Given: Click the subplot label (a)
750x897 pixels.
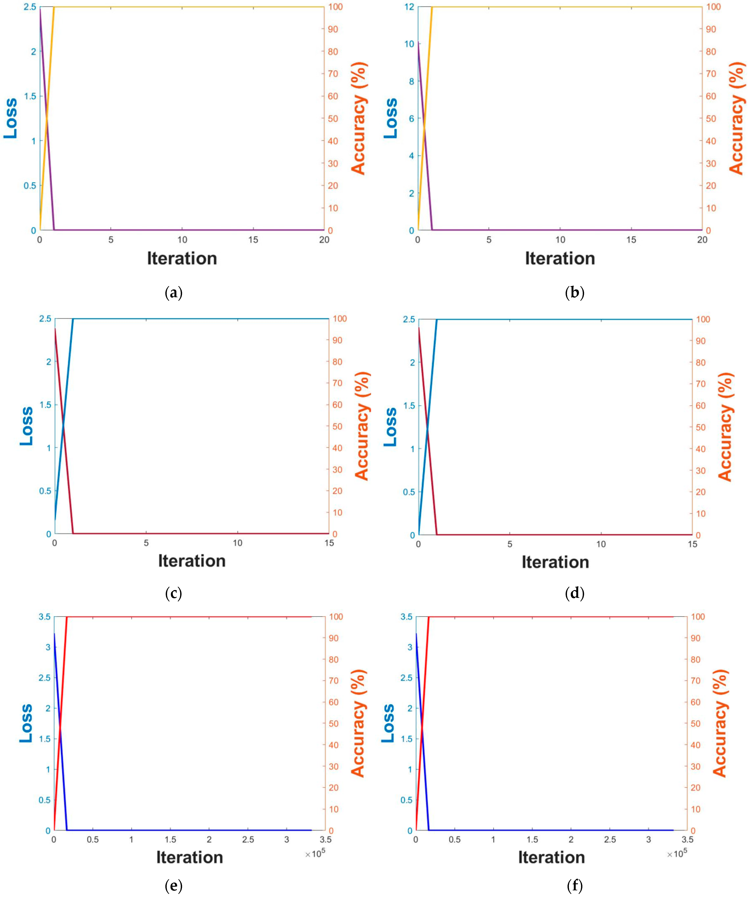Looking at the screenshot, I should click(173, 293).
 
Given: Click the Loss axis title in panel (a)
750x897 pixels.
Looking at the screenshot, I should click(10, 118).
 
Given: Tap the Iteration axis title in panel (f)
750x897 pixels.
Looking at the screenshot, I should click(552, 857).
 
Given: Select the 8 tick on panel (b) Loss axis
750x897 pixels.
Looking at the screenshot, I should click(411, 81).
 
